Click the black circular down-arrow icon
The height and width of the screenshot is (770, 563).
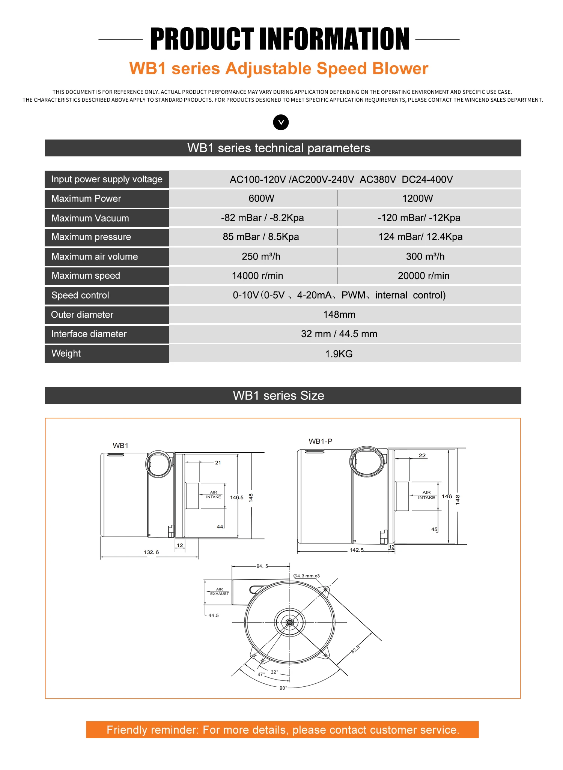281,122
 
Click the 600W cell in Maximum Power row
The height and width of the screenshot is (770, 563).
262,198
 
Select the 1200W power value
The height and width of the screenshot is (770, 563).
418,198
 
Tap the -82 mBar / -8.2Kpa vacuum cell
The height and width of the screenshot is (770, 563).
262,218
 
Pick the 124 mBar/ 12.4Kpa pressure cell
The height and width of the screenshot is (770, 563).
420,237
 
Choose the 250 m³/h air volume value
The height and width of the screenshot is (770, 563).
261,257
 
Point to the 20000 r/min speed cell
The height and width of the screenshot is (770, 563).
424,276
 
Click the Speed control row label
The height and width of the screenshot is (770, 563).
80,295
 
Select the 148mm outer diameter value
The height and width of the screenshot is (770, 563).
339,315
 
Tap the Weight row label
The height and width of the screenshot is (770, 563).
66,353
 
